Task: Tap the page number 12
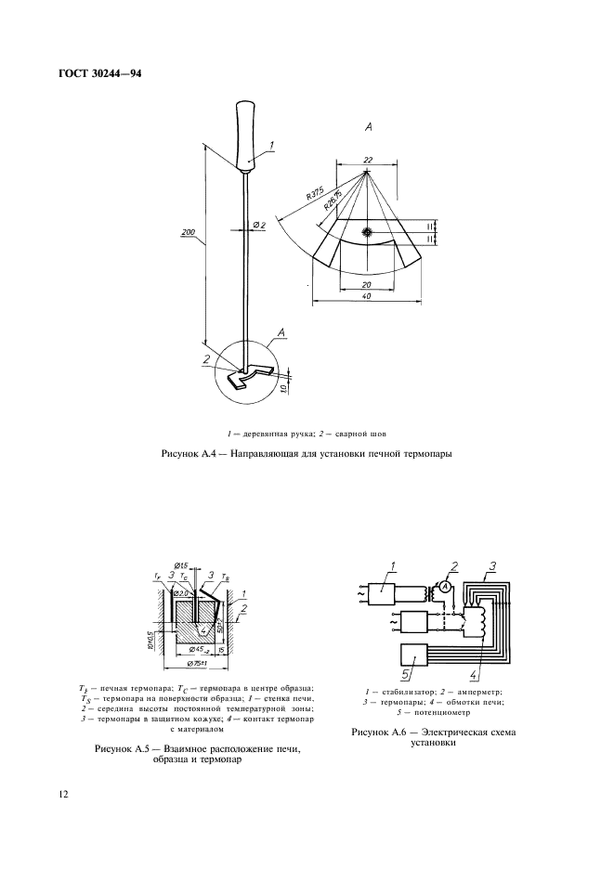(x=63, y=795)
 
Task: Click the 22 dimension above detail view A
(x=369, y=160)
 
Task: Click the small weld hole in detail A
(x=369, y=231)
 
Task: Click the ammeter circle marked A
(x=446, y=588)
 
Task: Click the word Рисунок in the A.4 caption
(x=183, y=453)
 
